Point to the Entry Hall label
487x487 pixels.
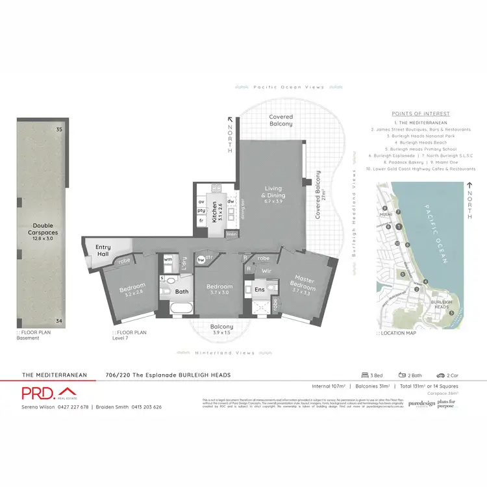103,251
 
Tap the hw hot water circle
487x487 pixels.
201,260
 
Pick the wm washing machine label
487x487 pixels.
168,259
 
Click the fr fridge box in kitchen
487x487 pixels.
201,221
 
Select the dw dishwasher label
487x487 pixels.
231,201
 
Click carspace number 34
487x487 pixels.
58,321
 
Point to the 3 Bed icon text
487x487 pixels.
375,375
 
